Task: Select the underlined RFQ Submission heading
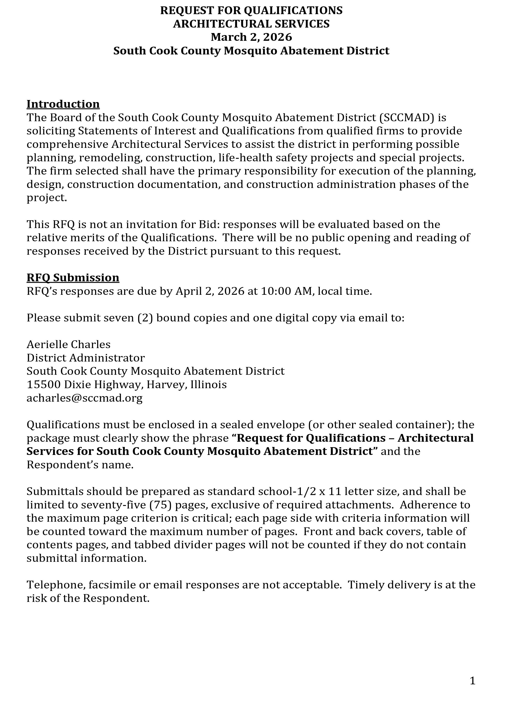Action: (x=73, y=277)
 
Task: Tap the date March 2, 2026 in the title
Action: (x=251, y=37)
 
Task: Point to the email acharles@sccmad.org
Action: (x=84, y=398)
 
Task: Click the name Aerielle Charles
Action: (x=68, y=344)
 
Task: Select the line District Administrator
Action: (x=85, y=358)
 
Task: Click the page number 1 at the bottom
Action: (x=472, y=681)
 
